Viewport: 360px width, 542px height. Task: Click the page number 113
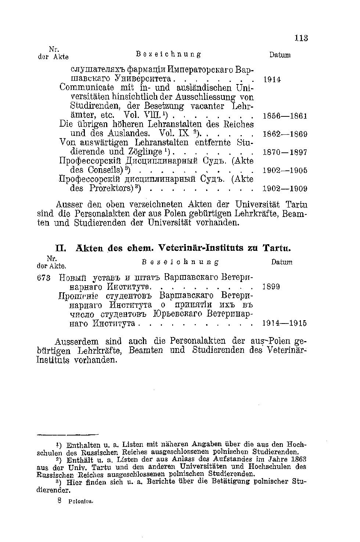301,38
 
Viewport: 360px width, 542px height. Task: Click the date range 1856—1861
285,116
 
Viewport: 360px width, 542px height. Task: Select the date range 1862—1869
285,134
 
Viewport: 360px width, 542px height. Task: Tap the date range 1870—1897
285,152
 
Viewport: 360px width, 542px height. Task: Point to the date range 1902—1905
285,171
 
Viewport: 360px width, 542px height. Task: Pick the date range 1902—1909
285,189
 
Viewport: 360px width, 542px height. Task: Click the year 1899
272,287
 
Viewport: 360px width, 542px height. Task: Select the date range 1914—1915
285,324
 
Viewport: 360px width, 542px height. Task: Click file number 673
45,277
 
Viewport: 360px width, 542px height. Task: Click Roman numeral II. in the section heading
60,248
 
